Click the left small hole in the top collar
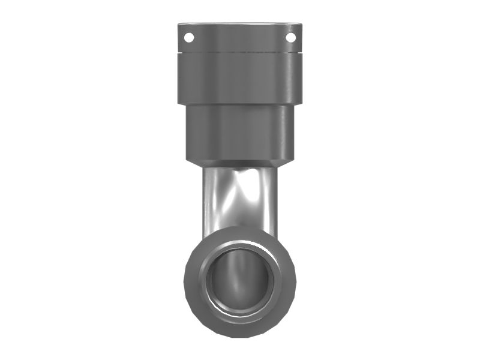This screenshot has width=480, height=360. click(x=189, y=37)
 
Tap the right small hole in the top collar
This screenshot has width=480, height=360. click(x=290, y=37)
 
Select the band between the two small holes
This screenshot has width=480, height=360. click(x=240, y=38)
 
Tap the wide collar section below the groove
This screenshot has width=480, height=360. click(x=240, y=78)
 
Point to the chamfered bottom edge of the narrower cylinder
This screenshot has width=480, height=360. click(x=240, y=163)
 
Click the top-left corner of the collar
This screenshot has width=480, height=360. click(x=178, y=24)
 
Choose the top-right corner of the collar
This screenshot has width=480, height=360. click(x=301, y=24)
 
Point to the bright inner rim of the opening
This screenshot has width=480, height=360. click(x=240, y=245)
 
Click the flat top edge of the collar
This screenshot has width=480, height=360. click(x=240, y=24)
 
